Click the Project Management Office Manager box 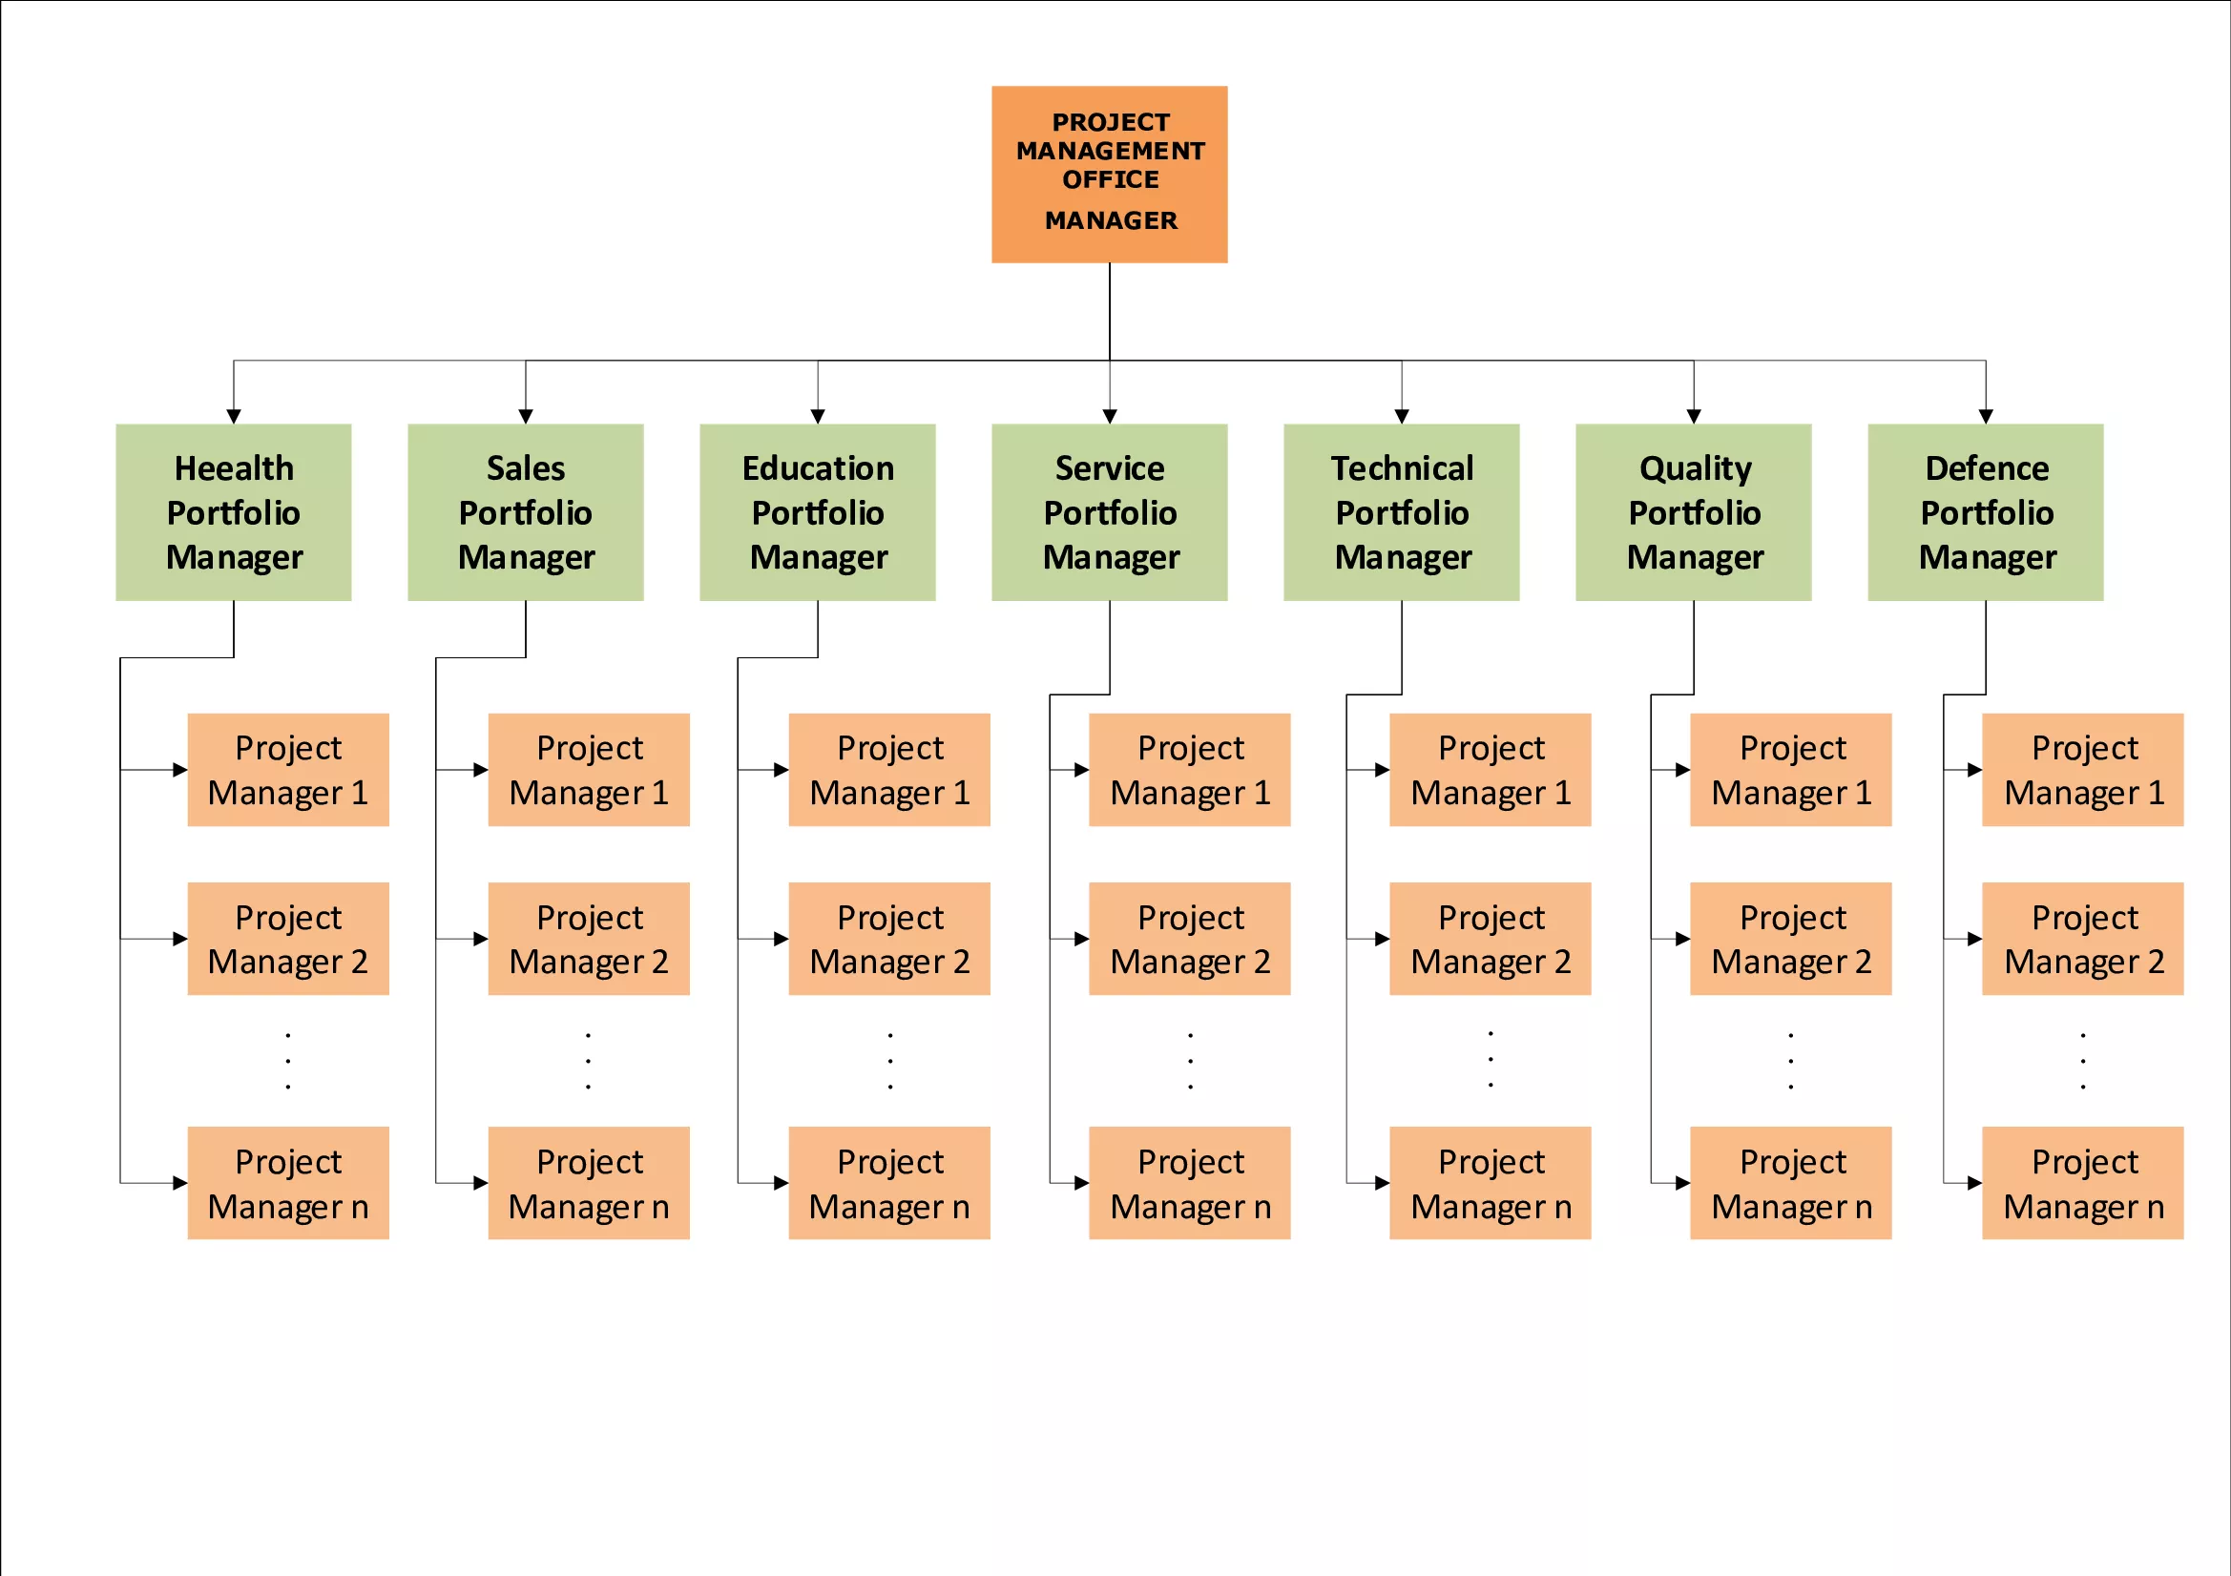tap(1109, 174)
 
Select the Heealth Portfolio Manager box tap(233, 512)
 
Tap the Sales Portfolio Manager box tap(526, 512)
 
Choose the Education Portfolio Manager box tap(817, 512)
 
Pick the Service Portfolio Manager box tap(1110, 512)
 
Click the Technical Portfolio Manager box tap(1401, 512)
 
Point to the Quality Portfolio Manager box tap(1694, 512)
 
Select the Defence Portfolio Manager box tap(1985, 512)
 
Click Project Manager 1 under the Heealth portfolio tap(288, 770)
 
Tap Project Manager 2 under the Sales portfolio tap(589, 939)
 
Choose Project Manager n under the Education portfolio tap(889, 1183)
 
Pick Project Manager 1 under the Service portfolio tap(1189, 770)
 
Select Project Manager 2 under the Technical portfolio tap(1491, 939)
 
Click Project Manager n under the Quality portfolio tap(1791, 1183)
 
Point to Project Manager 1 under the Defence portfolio tap(2083, 770)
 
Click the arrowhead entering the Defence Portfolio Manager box tap(1985, 416)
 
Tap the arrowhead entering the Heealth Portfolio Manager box tap(233, 416)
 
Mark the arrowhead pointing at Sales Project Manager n tap(480, 1183)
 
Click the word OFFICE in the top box tap(1111, 179)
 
